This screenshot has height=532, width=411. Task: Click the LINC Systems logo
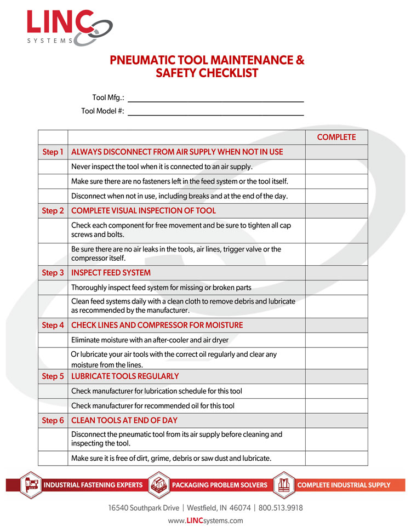point(68,27)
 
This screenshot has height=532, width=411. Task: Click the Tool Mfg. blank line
point(215,101)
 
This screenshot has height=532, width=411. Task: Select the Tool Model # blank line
point(215,114)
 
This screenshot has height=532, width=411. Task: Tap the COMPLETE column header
point(336,138)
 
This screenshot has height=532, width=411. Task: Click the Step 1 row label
point(53,152)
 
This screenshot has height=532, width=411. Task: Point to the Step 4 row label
point(53,325)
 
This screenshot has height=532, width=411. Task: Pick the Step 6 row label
point(53,421)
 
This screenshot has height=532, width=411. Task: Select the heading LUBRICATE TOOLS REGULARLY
point(125,376)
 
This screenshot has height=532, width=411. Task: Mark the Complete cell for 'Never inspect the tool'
point(336,167)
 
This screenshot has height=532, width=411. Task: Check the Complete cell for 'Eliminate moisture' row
point(336,340)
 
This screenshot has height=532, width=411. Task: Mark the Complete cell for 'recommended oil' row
point(336,406)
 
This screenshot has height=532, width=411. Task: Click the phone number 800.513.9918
point(281,508)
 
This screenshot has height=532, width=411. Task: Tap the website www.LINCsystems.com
point(206,520)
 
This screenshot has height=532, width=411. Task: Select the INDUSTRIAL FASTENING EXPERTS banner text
point(93,485)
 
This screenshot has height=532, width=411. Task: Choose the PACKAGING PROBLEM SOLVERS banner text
point(220,485)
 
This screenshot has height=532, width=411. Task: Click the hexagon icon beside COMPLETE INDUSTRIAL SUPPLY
point(283,484)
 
